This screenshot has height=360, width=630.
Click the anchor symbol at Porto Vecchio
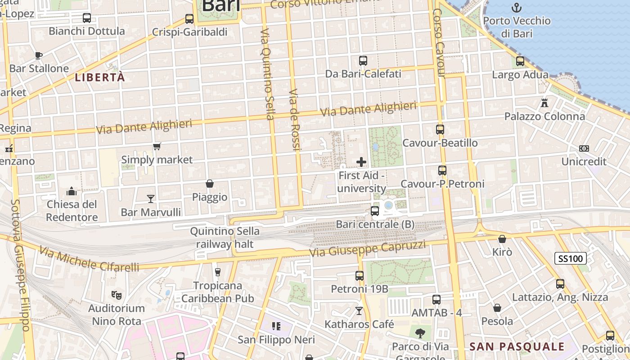point(517,8)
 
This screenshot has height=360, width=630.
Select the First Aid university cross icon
point(361,162)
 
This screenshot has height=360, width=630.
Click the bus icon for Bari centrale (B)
point(375,211)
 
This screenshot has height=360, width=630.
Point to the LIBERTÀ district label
point(100,77)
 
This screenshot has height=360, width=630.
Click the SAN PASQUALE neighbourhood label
point(517,346)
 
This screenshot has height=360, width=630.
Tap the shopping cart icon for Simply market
point(157,146)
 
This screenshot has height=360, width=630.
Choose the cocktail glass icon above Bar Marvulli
point(151,198)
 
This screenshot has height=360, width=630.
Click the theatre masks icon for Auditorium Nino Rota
point(117,295)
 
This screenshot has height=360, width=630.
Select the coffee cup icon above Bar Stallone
point(39,55)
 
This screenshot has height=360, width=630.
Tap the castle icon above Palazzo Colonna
point(544,103)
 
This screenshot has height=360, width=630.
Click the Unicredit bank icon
point(584,148)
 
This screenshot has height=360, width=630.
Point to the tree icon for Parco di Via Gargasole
point(420,333)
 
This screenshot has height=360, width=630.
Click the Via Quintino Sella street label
point(267,74)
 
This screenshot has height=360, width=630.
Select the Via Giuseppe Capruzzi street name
point(367,249)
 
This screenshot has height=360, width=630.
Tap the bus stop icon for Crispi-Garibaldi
point(189,19)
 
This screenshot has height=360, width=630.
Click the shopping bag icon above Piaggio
point(210,184)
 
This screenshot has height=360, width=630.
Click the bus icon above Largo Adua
point(520,61)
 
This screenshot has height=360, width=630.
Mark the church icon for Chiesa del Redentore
point(72,192)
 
